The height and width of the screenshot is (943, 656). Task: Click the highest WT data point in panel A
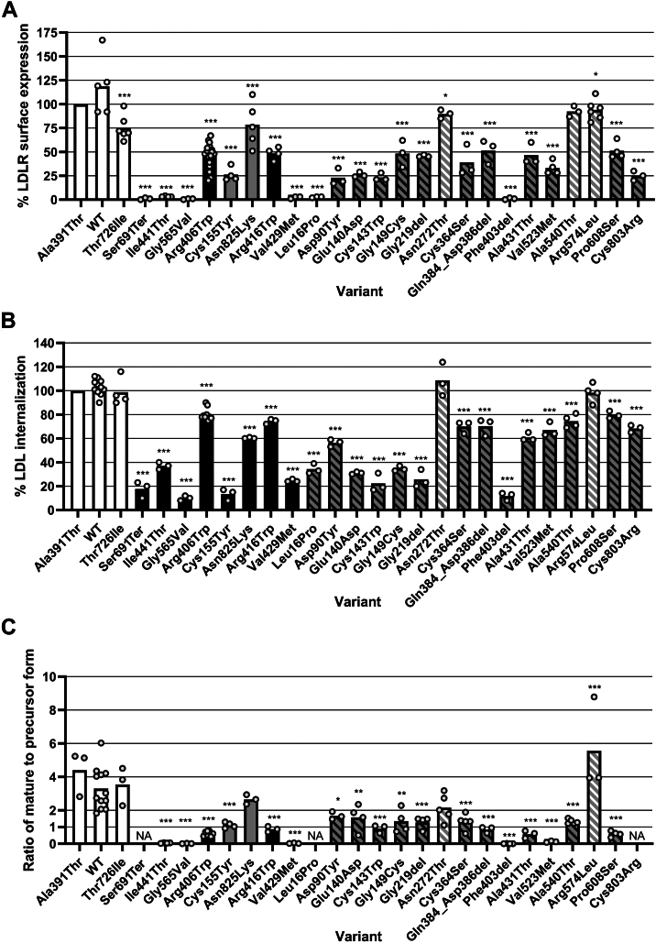(x=103, y=40)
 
